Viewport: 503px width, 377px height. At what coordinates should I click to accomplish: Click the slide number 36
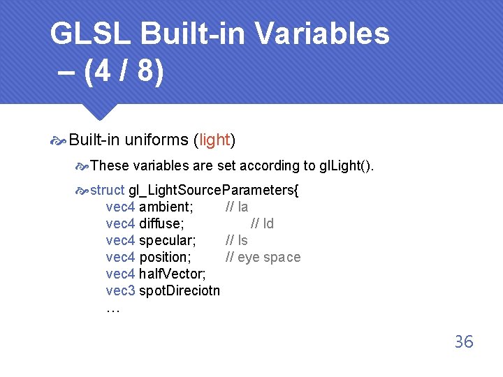[x=464, y=341]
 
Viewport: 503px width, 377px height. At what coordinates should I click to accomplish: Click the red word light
[x=214, y=140]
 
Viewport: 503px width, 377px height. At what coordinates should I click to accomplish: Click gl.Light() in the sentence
[x=346, y=165]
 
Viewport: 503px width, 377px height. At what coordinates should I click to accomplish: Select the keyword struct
[x=108, y=190]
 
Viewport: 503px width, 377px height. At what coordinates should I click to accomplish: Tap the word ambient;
[x=166, y=207]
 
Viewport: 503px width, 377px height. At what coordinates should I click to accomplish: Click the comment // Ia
[x=236, y=207]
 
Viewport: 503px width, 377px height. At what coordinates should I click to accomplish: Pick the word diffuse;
[x=161, y=223]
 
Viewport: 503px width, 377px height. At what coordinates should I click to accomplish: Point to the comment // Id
[x=262, y=223]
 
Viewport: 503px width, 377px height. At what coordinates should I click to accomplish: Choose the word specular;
[x=167, y=240]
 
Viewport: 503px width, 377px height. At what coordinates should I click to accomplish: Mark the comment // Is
[x=236, y=240]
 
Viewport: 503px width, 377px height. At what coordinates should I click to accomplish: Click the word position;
[x=165, y=257]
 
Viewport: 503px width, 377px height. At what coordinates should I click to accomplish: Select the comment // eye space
[x=263, y=257]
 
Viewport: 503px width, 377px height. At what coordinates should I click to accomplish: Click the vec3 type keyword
[x=120, y=290]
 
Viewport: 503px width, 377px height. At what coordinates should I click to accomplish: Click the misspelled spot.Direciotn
[x=180, y=290]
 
